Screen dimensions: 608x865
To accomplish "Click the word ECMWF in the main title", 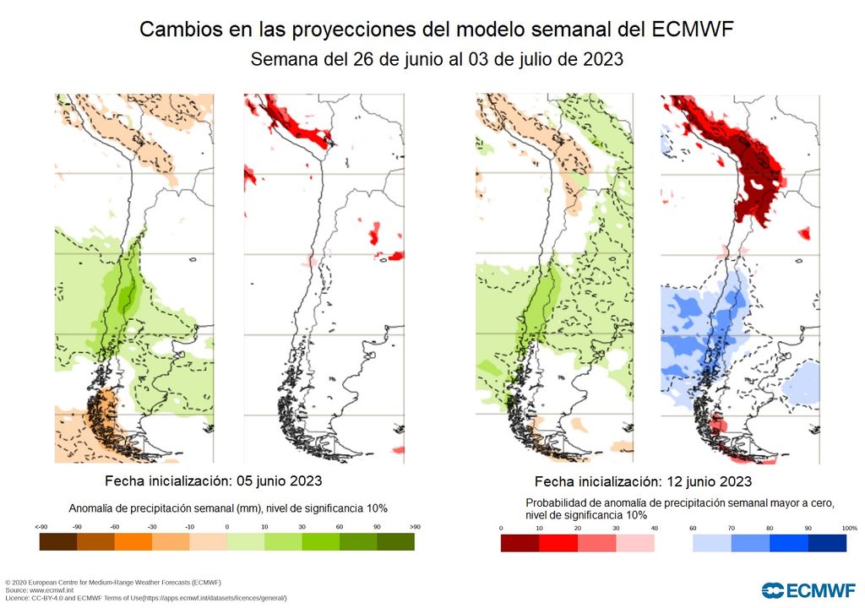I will click(693, 30).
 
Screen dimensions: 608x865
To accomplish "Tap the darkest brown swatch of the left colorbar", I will click(58, 543).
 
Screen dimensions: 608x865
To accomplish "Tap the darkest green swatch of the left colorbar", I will click(395, 543).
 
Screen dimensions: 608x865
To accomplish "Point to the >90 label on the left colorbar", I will click(414, 527).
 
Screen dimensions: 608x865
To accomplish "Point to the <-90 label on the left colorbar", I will click(41, 527).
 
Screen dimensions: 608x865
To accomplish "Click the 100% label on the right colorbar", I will click(849, 528).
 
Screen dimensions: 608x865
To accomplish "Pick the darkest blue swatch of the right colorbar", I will click(828, 543).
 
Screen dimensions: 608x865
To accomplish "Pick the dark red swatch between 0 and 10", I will click(520, 543).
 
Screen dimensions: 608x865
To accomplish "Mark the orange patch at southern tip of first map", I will click(106, 414).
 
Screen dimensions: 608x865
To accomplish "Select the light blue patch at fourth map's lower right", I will click(802, 382).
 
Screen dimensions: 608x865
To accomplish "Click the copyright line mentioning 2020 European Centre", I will click(113, 583).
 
